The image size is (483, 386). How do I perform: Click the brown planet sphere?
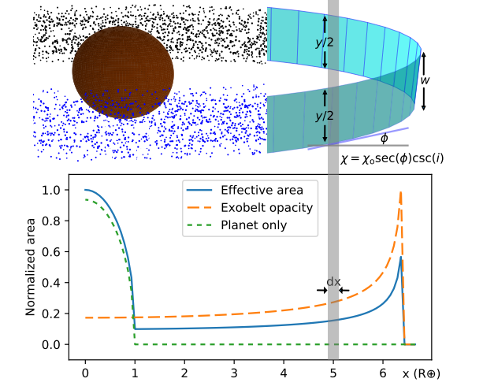coord(123,72)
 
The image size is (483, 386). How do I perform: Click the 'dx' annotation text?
coord(333,281)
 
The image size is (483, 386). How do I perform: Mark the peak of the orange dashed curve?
coord(401,191)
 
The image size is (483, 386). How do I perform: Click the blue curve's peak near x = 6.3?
coord(401,257)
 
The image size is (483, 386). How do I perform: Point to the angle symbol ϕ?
coord(384,139)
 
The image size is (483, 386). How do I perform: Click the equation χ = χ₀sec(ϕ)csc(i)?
coord(392,158)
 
